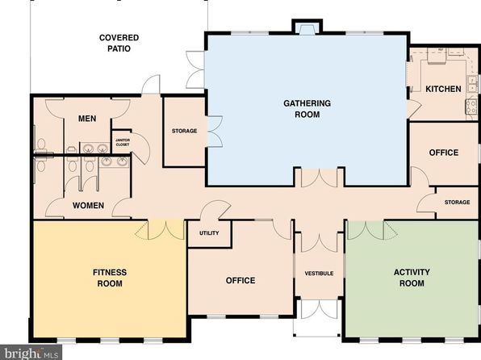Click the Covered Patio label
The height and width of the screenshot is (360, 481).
click(119, 43)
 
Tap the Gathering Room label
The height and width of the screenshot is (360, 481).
click(307, 109)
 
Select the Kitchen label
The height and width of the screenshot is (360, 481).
click(443, 89)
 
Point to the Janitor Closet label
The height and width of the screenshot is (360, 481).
click(123, 142)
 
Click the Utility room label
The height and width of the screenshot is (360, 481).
click(209, 233)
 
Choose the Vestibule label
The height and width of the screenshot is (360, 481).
click(319, 273)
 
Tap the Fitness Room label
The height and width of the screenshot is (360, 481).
click(110, 278)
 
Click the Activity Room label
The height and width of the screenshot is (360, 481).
click(412, 278)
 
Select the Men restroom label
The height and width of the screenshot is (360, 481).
click(87, 119)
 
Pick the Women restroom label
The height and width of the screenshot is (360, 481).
click(88, 205)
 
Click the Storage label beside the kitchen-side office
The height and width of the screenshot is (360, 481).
click(457, 203)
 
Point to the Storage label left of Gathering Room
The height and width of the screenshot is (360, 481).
click(184, 131)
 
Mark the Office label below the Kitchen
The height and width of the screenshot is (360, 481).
click(444, 153)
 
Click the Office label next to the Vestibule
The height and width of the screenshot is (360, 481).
click(240, 280)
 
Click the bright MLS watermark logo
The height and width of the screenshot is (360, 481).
click(31, 352)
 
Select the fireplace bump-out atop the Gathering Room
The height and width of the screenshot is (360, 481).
click(307, 27)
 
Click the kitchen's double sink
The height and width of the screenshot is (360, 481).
click(472, 83)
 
